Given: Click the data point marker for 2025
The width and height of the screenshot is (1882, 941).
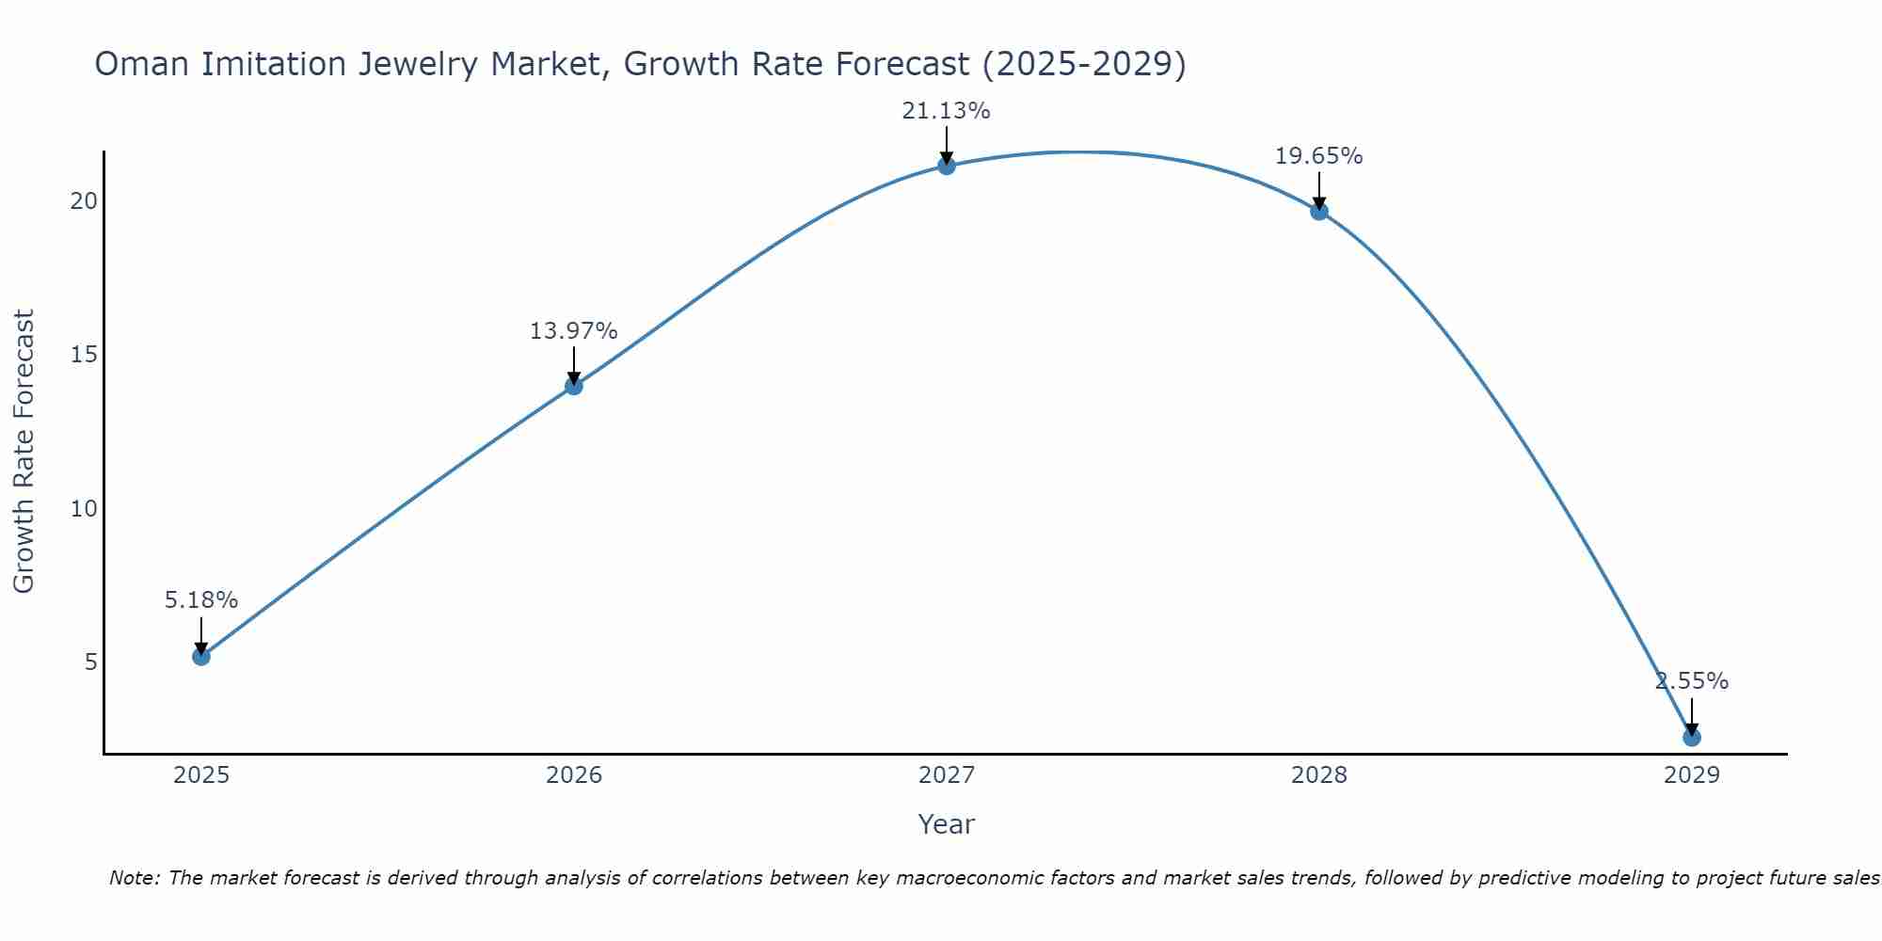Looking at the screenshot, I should tap(201, 656).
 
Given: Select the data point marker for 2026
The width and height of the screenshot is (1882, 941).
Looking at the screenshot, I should tap(574, 386).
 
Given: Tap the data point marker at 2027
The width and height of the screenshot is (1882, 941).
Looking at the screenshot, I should tap(947, 166).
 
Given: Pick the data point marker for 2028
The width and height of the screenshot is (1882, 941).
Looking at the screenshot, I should tap(1319, 211).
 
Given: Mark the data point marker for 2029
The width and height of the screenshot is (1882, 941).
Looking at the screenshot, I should tap(1692, 737).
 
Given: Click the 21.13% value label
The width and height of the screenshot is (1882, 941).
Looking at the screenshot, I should tap(946, 111).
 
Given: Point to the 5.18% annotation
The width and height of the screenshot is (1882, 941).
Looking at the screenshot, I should tap(201, 600).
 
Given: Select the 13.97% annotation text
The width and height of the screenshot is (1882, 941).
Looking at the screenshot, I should tap(573, 331).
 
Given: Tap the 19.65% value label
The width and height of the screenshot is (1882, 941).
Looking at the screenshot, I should tap(1318, 156).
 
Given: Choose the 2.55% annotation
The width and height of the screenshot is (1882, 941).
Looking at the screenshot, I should tap(1692, 681).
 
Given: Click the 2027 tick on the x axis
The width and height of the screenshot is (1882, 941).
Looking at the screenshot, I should tap(947, 775).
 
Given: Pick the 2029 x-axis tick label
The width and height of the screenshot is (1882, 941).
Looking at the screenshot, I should tap(1692, 775).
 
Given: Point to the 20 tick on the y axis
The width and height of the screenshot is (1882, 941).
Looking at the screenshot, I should tap(85, 201).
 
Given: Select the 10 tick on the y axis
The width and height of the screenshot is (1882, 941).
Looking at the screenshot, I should tap(85, 509).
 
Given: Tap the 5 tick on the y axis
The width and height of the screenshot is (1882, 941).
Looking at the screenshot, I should tap(91, 662).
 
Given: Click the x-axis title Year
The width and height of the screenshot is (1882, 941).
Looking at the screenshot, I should tap(946, 824).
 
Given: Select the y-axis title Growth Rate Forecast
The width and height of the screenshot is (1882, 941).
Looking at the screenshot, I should tap(24, 452).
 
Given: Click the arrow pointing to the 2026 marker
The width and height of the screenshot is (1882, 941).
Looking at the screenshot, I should tap(574, 365).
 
